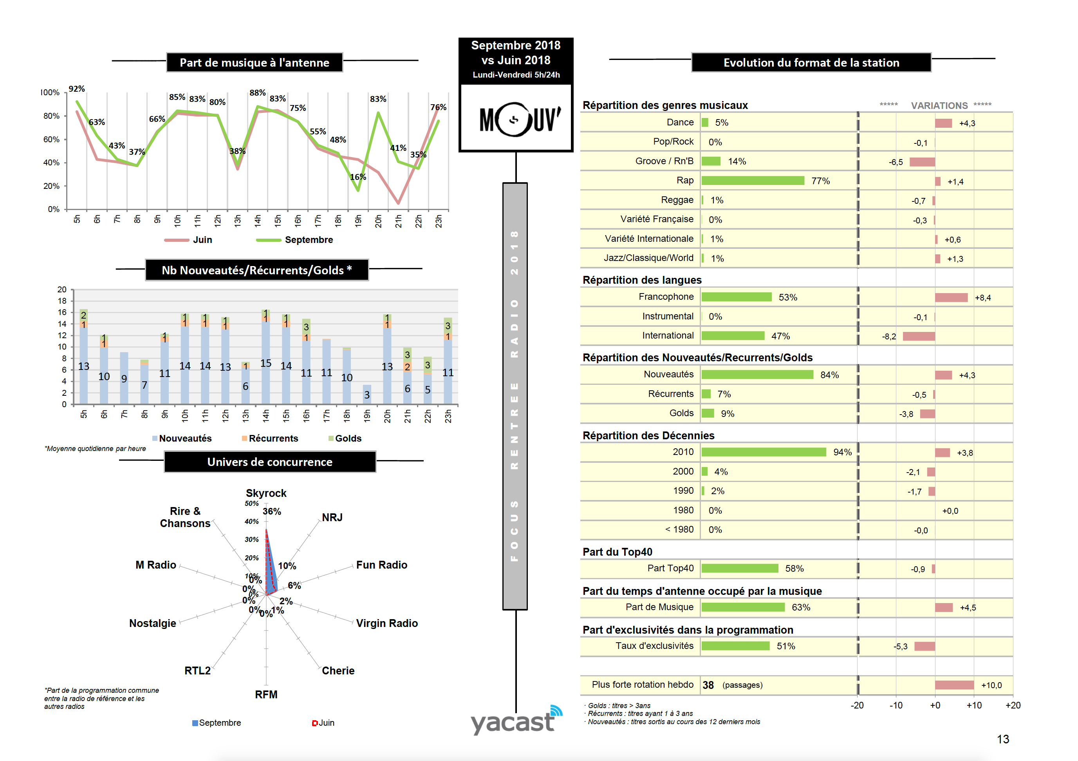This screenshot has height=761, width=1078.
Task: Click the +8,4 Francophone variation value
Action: click(x=983, y=298)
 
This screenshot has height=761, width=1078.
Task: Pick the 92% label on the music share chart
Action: click(x=76, y=89)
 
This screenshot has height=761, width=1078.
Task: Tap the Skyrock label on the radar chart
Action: click(x=266, y=493)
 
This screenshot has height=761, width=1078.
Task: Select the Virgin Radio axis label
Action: click(x=387, y=623)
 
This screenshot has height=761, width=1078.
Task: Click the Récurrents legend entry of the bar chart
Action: click(x=273, y=438)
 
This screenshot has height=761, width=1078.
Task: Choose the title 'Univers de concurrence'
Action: click(x=270, y=462)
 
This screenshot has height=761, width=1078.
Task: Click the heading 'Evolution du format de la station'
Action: click(x=811, y=63)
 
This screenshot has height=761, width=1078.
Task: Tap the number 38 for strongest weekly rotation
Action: click(x=708, y=685)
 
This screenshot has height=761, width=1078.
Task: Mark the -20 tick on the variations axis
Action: click(x=857, y=706)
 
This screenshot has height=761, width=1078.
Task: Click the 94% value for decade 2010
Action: click(x=842, y=452)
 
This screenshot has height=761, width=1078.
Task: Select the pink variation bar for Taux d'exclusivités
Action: click(x=925, y=647)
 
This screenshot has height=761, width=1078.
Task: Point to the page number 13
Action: click(x=1003, y=739)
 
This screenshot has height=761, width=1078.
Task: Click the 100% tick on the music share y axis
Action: click(x=50, y=92)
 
